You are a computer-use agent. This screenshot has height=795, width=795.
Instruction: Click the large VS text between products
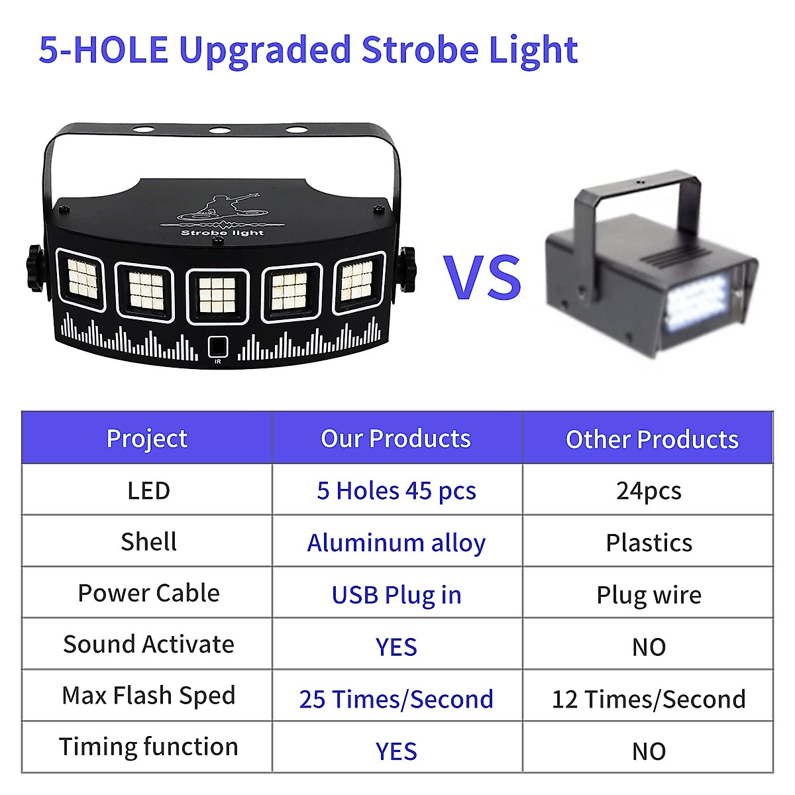482,277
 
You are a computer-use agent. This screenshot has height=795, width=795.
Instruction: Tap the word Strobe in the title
421,50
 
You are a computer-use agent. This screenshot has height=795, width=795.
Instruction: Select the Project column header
147,438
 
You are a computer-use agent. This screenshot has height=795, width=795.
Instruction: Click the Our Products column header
396,438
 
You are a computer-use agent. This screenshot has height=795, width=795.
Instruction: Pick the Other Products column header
652,439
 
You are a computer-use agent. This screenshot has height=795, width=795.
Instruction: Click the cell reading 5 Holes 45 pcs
396,490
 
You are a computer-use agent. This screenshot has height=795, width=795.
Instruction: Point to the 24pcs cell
649,490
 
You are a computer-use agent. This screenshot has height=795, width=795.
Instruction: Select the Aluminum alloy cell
396,543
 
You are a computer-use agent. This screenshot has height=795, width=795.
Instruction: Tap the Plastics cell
649,543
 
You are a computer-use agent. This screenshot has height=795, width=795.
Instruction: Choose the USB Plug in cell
396,594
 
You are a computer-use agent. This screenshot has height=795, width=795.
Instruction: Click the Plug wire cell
649,594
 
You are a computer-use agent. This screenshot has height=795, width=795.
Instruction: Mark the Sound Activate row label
148,644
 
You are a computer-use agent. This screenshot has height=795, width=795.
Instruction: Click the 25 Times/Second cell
396,699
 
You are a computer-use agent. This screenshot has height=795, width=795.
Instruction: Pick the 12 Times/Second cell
649,699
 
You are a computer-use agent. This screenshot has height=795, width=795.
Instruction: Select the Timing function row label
148,747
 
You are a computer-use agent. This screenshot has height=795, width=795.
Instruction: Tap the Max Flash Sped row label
148,695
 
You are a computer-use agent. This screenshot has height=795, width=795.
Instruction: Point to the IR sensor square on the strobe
217,346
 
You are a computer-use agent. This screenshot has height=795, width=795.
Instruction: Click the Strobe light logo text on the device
222,233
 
